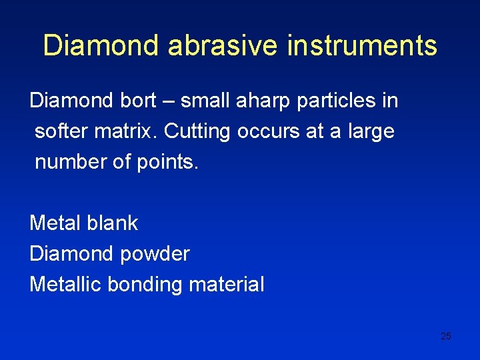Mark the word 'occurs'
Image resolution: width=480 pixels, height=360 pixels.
[x=267, y=131]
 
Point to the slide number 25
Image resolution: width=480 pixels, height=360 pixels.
[x=446, y=336]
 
